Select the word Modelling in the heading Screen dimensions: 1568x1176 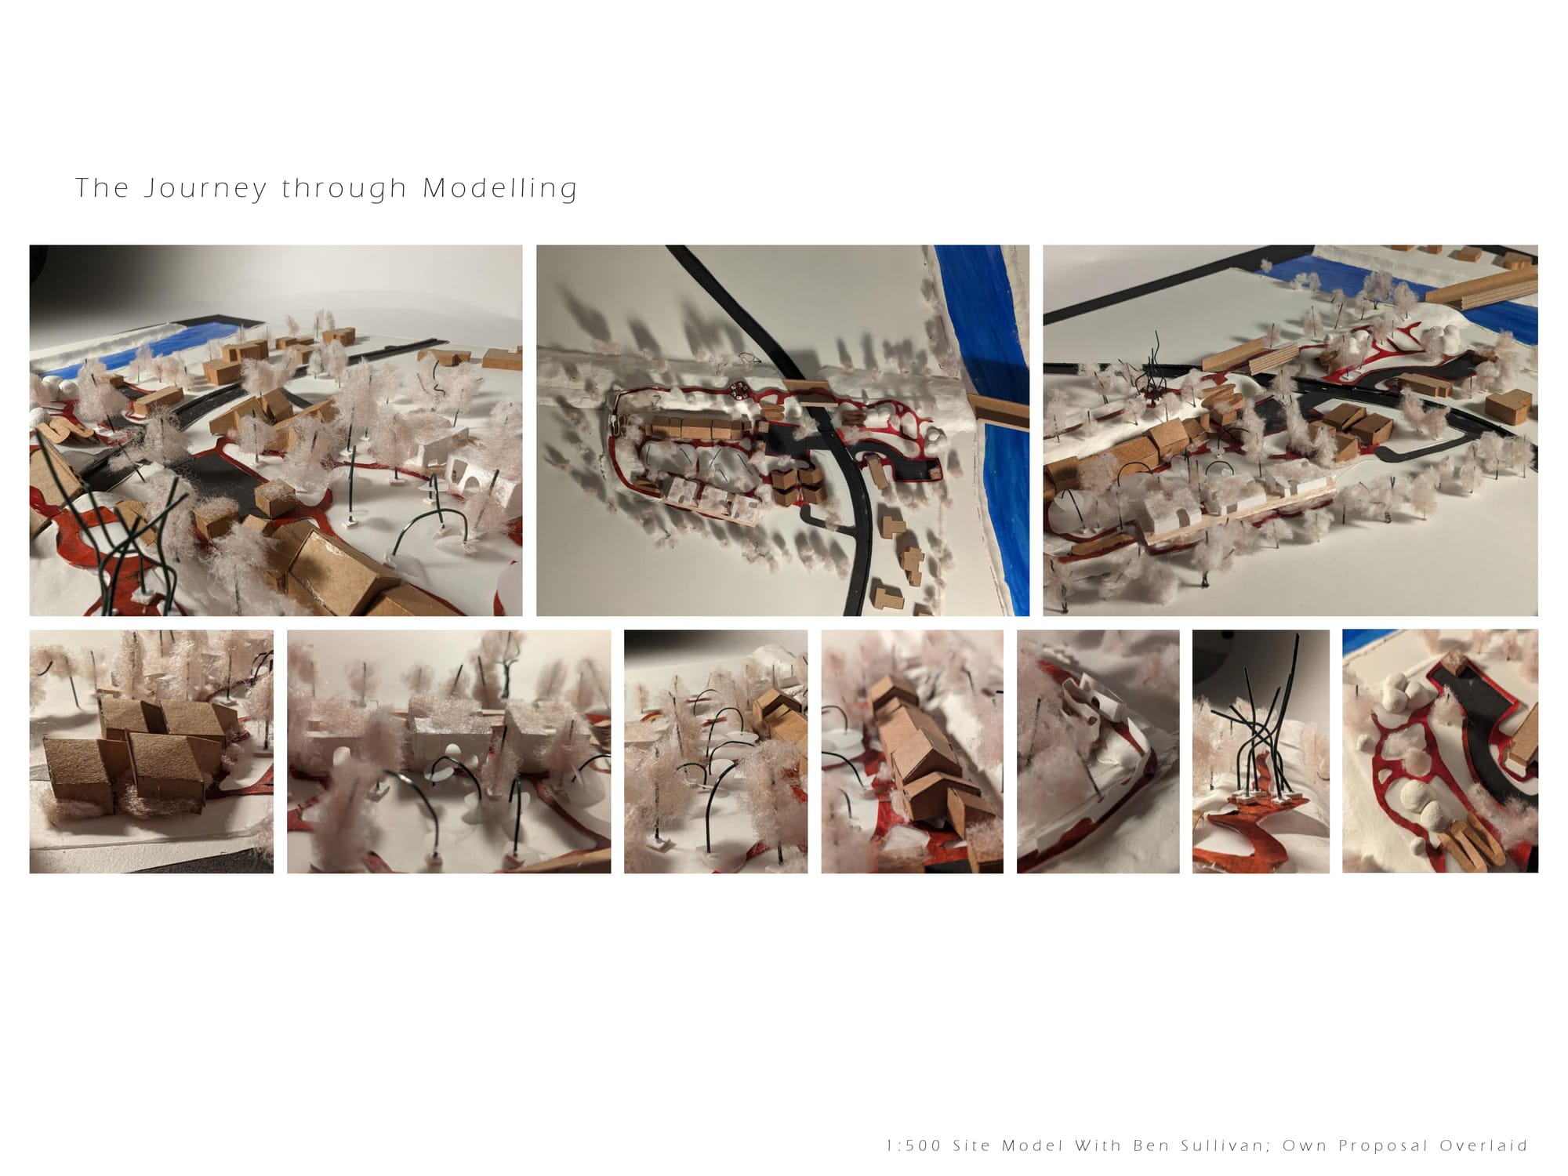pyautogui.click(x=500, y=189)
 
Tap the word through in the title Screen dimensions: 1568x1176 pyautogui.click(x=344, y=189)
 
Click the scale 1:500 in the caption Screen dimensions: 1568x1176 pyautogui.click(x=913, y=1145)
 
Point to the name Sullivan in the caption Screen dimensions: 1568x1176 pyautogui.click(x=1224, y=1145)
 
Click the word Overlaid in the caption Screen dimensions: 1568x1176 pyautogui.click(x=1483, y=1145)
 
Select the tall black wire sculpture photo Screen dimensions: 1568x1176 pyautogui.click(x=1261, y=751)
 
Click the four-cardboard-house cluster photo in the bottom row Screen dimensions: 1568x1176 pyautogui.click(x=151, y=751)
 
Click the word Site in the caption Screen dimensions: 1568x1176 pyautogui.click(x=973, y=1145)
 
